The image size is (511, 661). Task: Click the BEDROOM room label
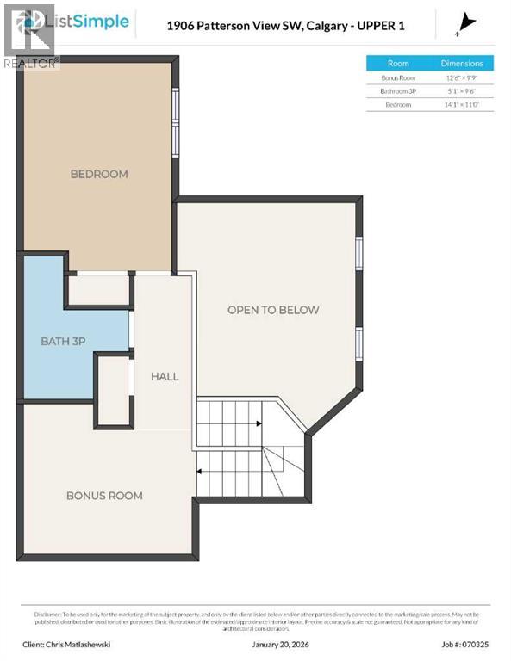click(98, 174)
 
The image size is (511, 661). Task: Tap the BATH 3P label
click(63, 342)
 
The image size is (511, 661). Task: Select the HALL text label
click(165, 376)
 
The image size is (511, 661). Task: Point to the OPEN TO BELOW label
click(273, 310)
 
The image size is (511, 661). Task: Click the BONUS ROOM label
click(104, 496)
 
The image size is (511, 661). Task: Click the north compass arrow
click(467, 23)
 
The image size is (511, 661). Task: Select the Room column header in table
click(398, 63)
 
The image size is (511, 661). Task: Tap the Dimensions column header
click(462, 63)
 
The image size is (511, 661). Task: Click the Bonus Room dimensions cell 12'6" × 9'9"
click(462, 77)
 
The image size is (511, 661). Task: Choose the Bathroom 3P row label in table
click(398, 91)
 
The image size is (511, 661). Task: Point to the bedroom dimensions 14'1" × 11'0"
click(462, 105)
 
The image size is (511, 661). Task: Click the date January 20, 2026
click(279, 643)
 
